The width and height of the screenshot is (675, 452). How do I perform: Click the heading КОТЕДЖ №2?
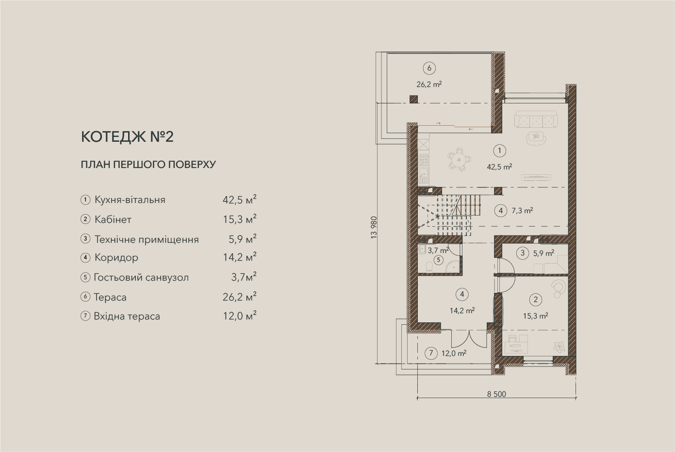tap(127, 136)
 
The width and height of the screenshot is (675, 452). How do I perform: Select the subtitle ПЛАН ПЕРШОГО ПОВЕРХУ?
tap(148, 165)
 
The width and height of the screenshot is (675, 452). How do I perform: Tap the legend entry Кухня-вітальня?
tap(130, 200)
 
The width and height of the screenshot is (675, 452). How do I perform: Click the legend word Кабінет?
tap(113, 219)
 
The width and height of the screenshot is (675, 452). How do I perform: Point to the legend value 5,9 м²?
tap(242, 239)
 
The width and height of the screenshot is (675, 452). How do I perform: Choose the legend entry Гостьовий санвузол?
tap(141, 277)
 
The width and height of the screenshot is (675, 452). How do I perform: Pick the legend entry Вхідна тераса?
tap(127, 317)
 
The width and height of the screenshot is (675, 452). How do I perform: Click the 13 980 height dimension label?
tap(374, 228)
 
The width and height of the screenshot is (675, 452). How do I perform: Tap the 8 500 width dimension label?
tap(496, 394)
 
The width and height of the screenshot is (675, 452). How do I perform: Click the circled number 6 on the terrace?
tap(429, 68)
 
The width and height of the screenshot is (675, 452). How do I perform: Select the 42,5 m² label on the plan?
tap(500, 167)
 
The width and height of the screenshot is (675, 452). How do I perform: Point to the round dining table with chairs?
tap(459, 160)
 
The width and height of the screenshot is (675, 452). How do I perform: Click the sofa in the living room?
tap(536, 119)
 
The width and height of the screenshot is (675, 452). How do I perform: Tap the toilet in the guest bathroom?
tap(429, 267)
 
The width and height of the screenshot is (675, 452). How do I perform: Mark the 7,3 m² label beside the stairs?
tap(522, 211)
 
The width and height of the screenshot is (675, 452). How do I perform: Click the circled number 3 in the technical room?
tap(523, 253)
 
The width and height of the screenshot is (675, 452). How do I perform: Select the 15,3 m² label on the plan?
tap(535, 316)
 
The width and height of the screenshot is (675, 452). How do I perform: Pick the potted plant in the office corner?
tap(560, 347)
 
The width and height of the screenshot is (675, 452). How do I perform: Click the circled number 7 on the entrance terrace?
tap(431, 353)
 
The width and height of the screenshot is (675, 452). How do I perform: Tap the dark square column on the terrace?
tap(413, 99)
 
